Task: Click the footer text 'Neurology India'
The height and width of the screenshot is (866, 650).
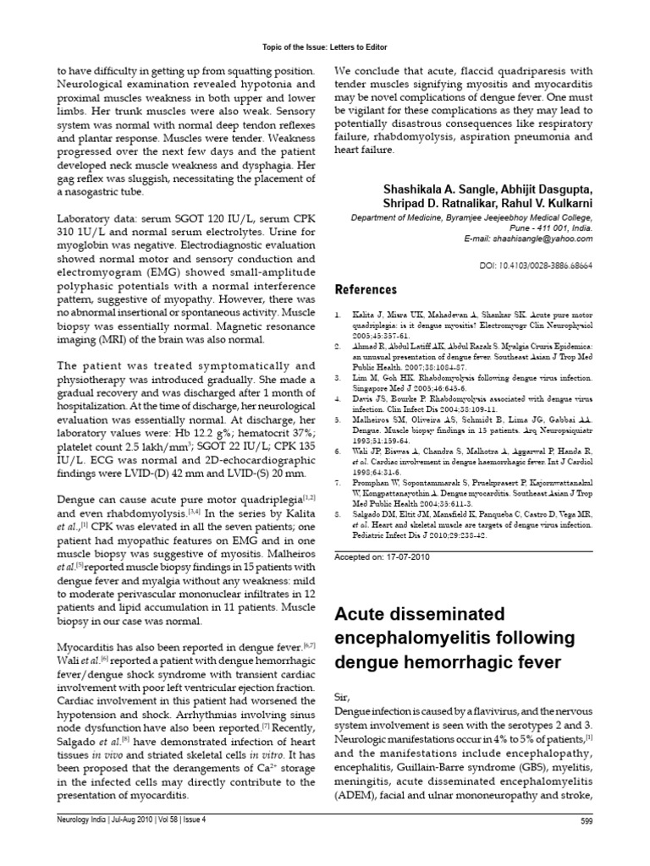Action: (x=70, y=845)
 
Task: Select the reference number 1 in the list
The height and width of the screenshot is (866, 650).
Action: (x=338, y=313)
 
